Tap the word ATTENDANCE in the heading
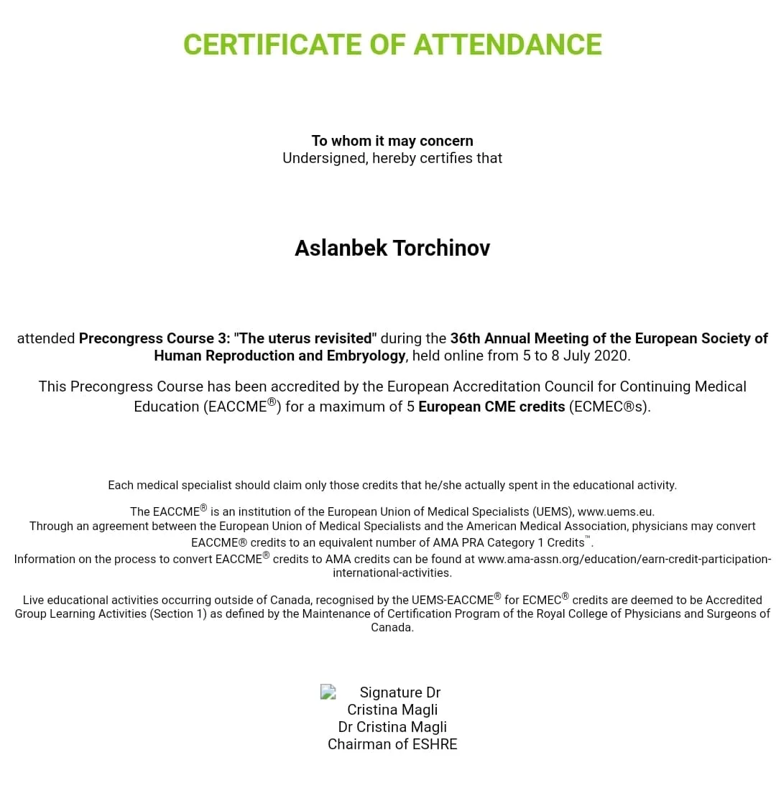507,45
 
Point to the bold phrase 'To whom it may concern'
392,141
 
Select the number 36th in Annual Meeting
466,338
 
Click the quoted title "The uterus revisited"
305,338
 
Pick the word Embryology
366,356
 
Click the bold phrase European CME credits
491,407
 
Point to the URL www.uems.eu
615,512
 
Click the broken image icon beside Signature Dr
328,692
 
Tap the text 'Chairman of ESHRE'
392,744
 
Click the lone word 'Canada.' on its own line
392,627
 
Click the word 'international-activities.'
392,573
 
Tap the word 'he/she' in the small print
443,485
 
